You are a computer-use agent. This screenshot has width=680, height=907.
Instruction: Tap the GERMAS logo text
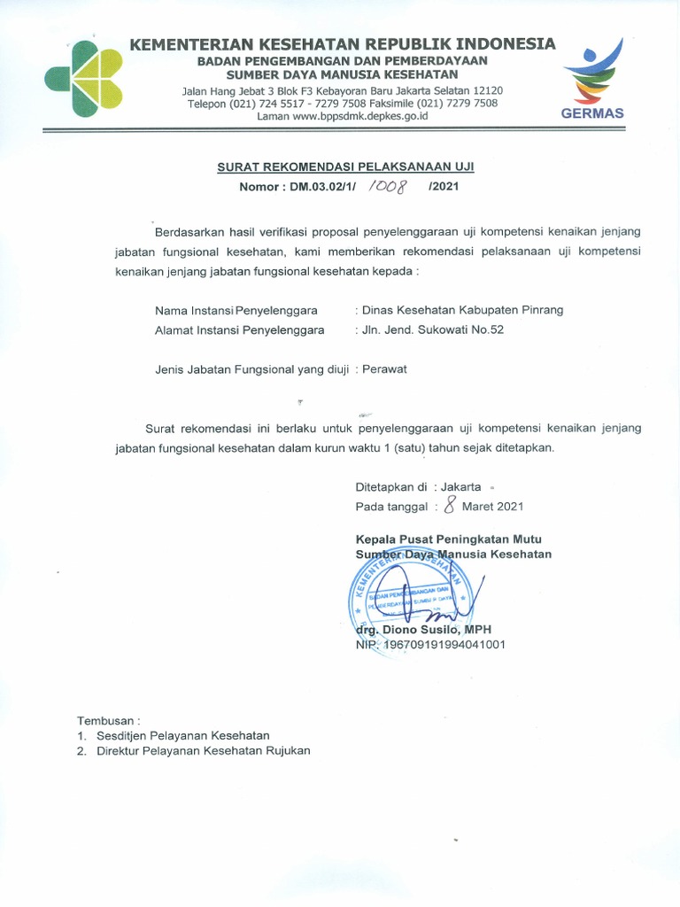[x=592, y=113]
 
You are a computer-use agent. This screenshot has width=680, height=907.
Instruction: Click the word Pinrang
[x=542, y=310]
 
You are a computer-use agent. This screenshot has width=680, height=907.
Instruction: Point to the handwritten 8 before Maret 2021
[x=451, y=506]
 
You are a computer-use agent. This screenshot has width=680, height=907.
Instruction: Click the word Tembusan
[x=107, y=719]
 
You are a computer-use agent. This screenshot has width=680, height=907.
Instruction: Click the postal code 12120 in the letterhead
[x=488, y=90]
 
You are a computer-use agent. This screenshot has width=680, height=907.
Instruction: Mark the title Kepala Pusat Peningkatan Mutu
[x=448, y=539]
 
